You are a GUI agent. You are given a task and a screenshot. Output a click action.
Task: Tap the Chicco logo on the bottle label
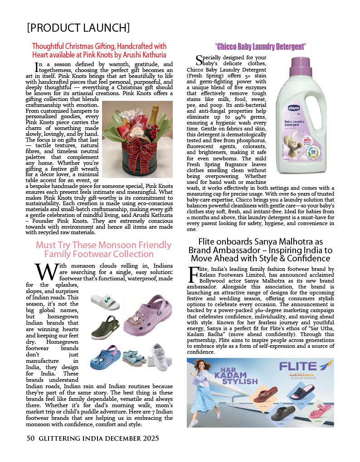292,108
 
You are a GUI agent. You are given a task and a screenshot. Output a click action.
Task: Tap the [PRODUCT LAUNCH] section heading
78,28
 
